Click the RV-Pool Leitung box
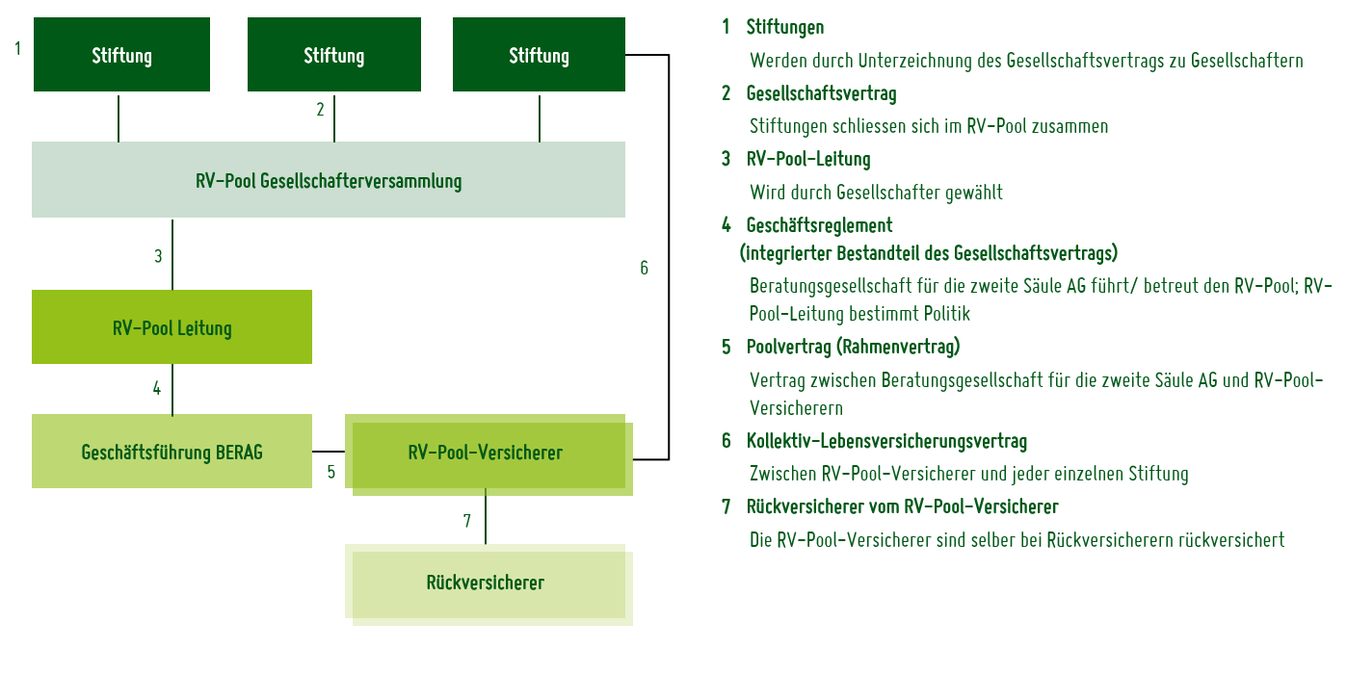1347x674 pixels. [x=172, y=327]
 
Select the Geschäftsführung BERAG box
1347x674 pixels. [x=172, y=452]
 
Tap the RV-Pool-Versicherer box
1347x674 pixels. [x=486, y=453]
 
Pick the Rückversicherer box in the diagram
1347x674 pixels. [x=486, y=583]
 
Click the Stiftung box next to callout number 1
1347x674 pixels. [x=121, y=55]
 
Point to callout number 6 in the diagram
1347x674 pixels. [x=645, y=268]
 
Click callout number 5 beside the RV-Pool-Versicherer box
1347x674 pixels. [x=330, y=472]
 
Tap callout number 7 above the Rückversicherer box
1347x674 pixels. [x=467, y=521]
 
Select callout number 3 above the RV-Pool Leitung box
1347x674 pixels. [x=158, y=256]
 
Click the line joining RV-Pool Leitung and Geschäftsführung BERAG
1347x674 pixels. [x=172, y=389]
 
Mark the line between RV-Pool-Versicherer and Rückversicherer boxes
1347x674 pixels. [x=486, y=516]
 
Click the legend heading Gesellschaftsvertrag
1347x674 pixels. [x=821, y=93]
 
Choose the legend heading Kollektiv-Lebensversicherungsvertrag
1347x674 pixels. [x=886, y=441]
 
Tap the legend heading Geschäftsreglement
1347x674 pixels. [x=819, y=224]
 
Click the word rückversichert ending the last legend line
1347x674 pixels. [x=1230, y=539]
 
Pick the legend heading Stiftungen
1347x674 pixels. [x=784, y=27]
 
